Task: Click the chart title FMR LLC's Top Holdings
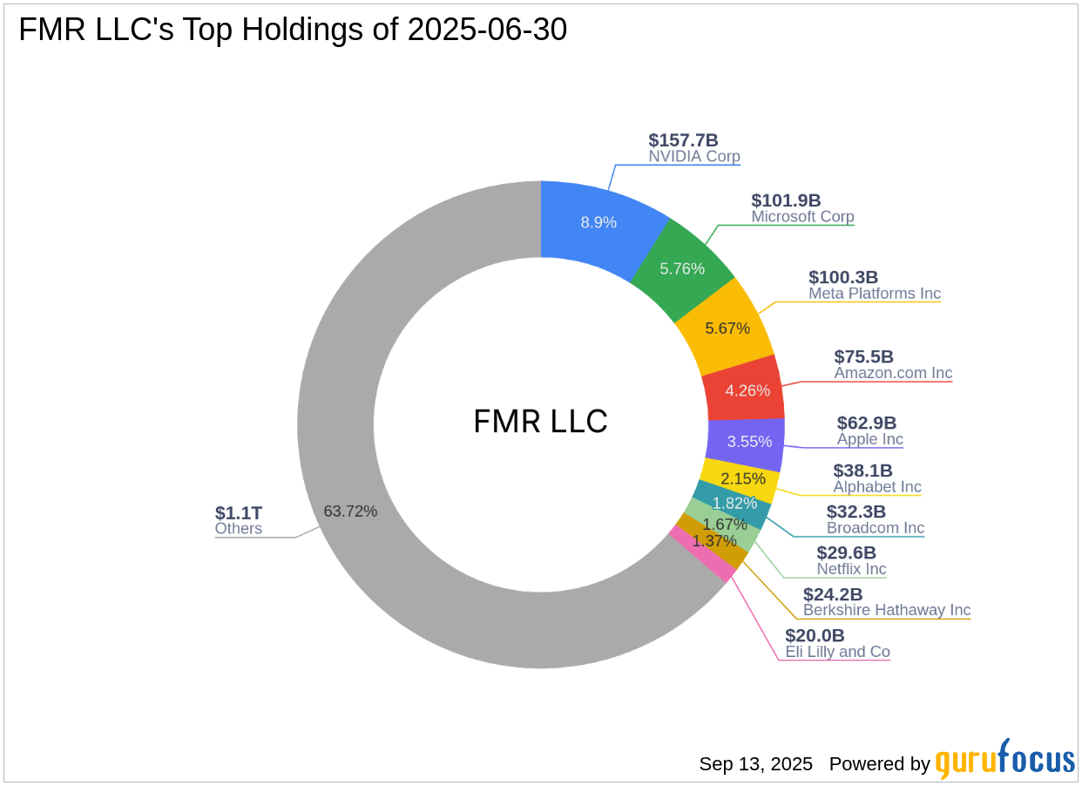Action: pos(293,30)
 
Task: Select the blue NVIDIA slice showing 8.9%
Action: pos(598,222)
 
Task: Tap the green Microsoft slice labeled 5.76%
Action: pos(682,268)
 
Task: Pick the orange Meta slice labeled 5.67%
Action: pos(727,328)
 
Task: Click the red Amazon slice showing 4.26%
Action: pos(748,390)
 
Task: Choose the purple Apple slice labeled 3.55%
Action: pos(749,441)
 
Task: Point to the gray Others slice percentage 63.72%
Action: pos(350,512)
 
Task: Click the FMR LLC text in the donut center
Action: pos(540,422)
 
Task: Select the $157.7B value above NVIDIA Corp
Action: pos(683,140)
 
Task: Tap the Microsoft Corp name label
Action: pos(802,217)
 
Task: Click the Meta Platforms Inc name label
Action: pos(874,294)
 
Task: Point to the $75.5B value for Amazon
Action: pos(863,356)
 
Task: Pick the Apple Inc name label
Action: pos(869,439)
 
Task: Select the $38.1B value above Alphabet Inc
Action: pos(862,471)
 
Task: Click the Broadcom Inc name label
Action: pos(875,528)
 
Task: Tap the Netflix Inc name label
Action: pos(851,569)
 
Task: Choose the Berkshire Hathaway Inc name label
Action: pos(886,610)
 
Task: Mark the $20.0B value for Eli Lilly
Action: pos(815,635)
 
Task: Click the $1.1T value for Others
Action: pos(238,512)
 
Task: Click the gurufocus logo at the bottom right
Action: pos(1004,760)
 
